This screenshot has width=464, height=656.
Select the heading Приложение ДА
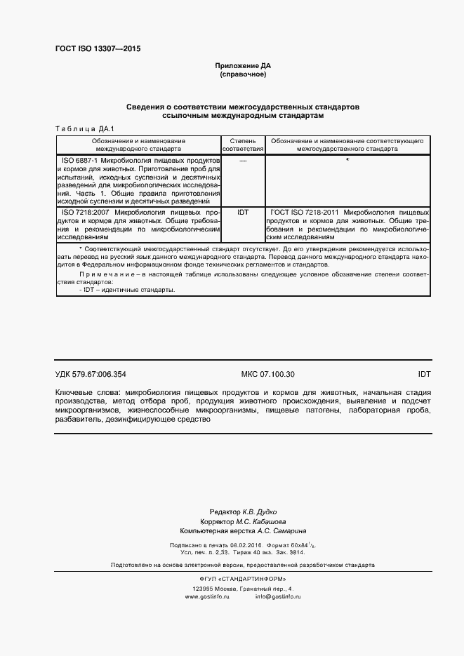(242, 65)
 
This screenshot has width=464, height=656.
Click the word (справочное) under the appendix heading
(242, 74)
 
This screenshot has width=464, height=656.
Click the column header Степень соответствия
(243, 145)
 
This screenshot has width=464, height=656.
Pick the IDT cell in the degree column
(243, 211)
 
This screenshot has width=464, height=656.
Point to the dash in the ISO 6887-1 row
(243, 161)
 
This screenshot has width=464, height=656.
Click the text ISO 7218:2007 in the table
(86, 211)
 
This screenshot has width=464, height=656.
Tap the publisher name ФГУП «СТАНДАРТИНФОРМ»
(243, 578)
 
